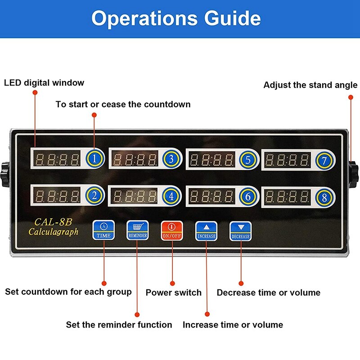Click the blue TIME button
click(103, 230)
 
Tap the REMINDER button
click(137, 230)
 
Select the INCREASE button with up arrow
click(207, 231)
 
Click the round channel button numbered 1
click(95, 158)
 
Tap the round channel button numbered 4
click(171, 196)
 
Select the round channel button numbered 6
click(248, 197)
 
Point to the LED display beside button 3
click(135, 159)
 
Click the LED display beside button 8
click(288, 197)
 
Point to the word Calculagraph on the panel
click(53, 232)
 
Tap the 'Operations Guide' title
click(176, 18)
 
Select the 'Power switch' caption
click(173, 292)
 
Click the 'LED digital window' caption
click(44, 83)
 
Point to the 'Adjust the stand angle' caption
click(310, 85)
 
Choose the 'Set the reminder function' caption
click(119, 324)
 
